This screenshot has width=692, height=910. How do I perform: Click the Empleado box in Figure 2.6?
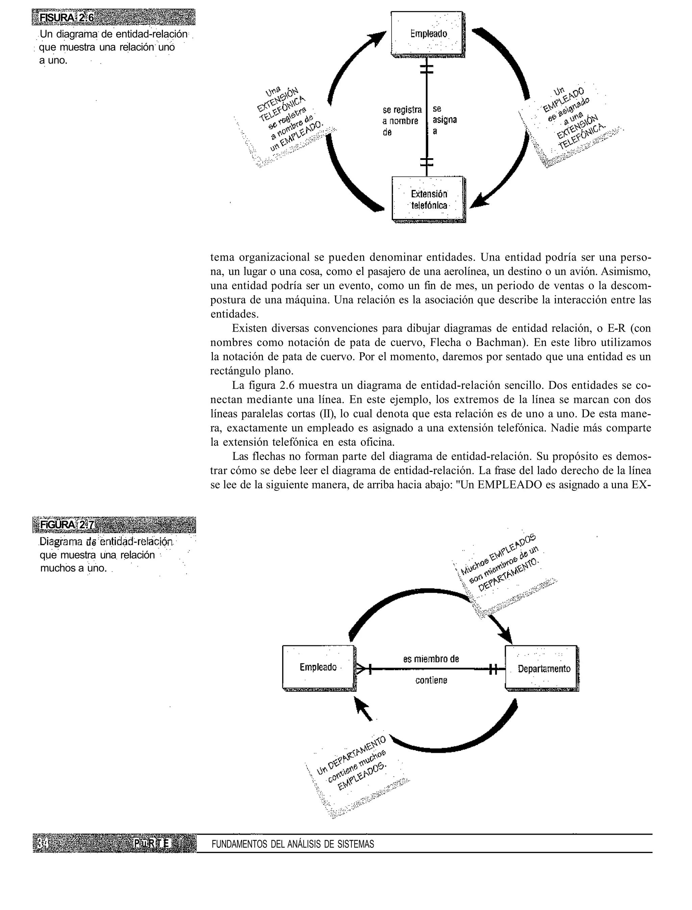pyautogui.click(x=427, y=34)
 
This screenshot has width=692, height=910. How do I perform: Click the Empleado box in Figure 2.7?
pyautogui.click(x=318, y=667)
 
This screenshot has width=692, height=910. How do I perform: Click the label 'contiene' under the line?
pyautogui.click(x=431, y=680)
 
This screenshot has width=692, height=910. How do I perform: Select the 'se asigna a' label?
pyautogui.click(x=444, y=120)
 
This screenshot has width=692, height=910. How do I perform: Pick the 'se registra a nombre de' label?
pyautogui.click(x=402, y=121)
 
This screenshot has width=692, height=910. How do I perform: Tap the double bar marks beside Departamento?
pyautogui.click(x=493, y=669)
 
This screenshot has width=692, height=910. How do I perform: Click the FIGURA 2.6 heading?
pyautogui.click(x=66, y=18)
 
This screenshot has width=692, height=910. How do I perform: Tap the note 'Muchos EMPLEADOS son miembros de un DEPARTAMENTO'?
pyautogui.click(x=500, y=562)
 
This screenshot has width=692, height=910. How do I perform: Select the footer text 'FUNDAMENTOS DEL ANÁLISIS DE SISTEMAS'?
pyautogui.click(x=293, y=844)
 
